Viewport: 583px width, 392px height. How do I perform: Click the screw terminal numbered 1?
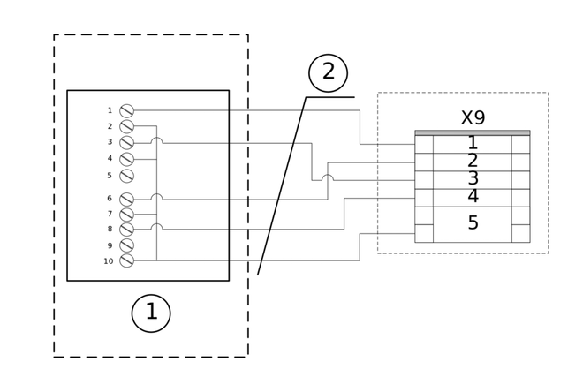pos(126,110)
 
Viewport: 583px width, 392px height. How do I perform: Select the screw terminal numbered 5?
pos(126,176)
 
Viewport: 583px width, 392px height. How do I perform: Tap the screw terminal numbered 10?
pos(126,260)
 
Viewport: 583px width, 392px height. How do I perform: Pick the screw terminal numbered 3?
pos(126,143)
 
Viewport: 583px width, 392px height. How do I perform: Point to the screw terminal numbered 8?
pos(126,230)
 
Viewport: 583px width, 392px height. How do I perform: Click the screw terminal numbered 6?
pos(126,200)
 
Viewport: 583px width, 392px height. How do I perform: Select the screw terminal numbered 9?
pos(126,245)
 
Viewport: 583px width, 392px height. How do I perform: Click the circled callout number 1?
pos(151,313)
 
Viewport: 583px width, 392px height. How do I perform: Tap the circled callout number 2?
pos(328,72)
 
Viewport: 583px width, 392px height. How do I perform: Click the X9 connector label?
pos(473,118)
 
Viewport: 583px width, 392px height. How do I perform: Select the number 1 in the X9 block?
pos(473,143)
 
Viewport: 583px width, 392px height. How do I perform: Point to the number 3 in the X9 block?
pos(473,178)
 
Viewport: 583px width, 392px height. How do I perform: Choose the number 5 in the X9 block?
pos(473,223)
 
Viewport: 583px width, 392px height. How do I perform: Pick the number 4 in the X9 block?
pos(473,196)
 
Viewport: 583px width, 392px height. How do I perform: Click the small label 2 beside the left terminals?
pos(110,126)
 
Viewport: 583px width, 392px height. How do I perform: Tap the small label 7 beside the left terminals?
pos(110,214)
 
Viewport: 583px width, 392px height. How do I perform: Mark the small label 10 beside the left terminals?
pos(108,261)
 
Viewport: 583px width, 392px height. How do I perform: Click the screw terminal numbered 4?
pos(126,159)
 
